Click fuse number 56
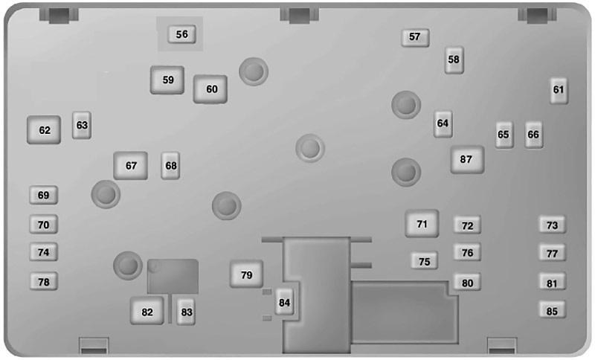click(x=181, y=34)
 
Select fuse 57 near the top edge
click(x=415, y=37)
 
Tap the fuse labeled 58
click(x=454, y=60)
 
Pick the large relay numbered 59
click(x=167, y=80)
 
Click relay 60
click(x=210, y=89)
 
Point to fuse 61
click(x=559, y=90)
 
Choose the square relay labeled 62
click(x=44, y=130)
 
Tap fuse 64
click(x=443, y=123)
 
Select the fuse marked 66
click(x=533, y=135)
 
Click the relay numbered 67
click(x=131, y=166)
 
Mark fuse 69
click(x=44, y=196)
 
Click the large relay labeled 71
click(x=422, y=224)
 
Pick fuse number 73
click(x=553, y=225)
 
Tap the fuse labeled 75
click(x=424, y=261)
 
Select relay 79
click(x=246, y=274)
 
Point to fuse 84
click(x=284, y=302)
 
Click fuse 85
click(x=553, y=310)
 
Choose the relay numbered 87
click(x=467, y=160)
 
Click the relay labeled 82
click(x=147, y=311)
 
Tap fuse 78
click(x=44, y=281)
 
